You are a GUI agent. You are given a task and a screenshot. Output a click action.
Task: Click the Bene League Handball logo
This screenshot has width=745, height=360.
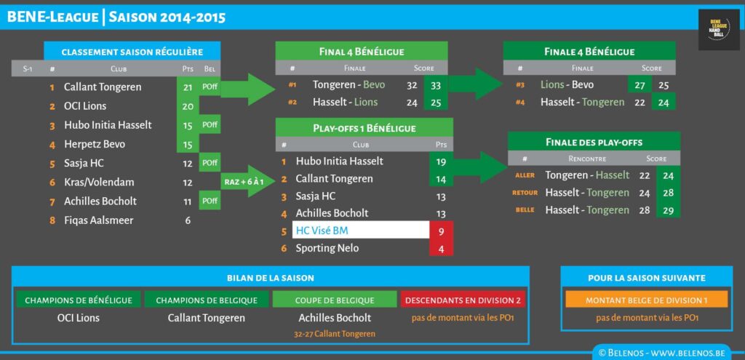[x=718, y=30]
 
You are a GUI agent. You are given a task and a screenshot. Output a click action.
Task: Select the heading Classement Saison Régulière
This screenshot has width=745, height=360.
[x=132, y=52]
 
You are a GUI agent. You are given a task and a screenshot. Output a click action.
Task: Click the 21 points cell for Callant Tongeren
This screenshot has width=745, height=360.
[x=188, y=87]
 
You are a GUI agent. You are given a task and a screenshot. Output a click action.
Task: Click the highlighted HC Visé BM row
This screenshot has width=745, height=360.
[x=360, y=231]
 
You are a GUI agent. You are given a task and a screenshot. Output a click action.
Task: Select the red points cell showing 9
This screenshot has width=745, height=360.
[x=441, y=231]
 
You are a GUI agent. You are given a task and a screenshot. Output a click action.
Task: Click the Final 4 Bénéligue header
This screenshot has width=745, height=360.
[x=362, y=51]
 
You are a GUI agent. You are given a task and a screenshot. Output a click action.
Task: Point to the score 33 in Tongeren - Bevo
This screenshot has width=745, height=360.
[x=436, y=85]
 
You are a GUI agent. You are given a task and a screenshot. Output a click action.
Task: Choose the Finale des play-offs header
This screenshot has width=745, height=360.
[x=594, y=142]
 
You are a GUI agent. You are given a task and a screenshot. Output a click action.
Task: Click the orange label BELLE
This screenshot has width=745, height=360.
[x=525, y=210]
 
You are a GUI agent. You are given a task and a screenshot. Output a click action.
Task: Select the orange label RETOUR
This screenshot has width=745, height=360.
[x=525, y=193]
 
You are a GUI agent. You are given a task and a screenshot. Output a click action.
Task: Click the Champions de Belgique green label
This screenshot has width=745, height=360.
[x=207, y=300]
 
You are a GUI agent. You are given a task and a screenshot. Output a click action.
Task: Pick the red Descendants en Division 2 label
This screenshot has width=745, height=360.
[x=463, y=300]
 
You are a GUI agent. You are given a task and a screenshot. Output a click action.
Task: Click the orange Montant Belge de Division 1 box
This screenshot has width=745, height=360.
[x=646, y=300]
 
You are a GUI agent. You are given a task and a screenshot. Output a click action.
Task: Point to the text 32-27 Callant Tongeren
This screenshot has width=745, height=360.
[x=335, y=334]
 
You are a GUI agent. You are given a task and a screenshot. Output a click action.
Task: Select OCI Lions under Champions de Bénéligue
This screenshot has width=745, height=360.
[x=78, y=318]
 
